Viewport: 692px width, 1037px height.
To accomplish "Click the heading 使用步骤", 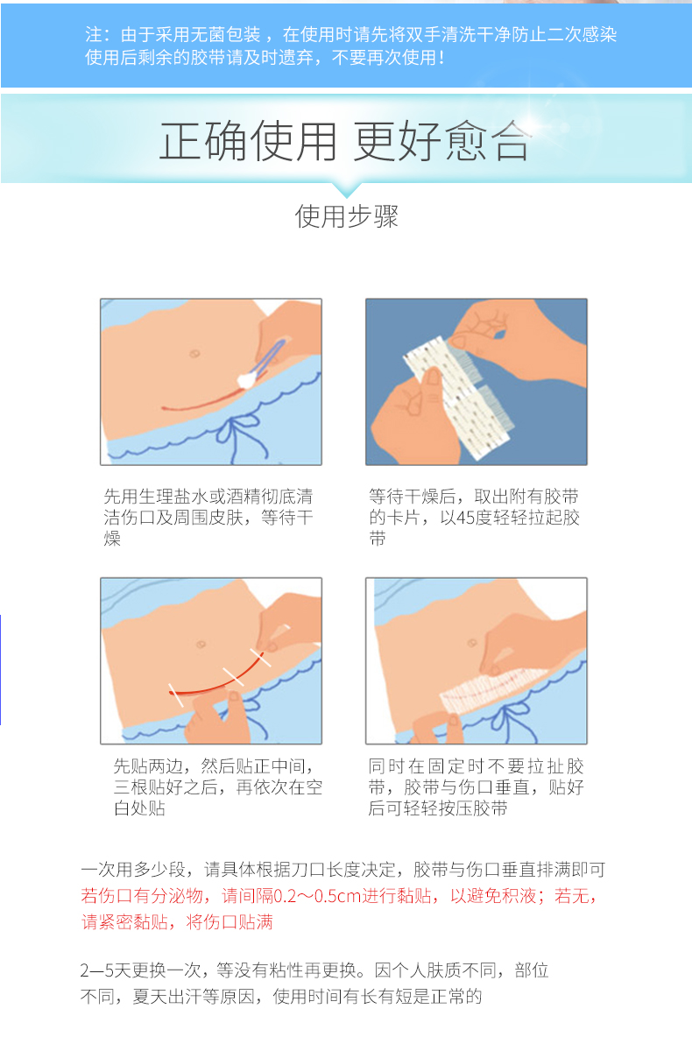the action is pos(346,216).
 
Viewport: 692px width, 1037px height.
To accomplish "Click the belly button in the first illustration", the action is pos(194,354).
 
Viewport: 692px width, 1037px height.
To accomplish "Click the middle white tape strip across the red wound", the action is pos(234,676).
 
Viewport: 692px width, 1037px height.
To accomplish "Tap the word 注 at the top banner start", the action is pos(93,34).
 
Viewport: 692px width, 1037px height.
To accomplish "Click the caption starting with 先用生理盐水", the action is pos(208,517).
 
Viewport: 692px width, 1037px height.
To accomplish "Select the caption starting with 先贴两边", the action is pos(217,787).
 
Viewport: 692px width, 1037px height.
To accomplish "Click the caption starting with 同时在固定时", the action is pos(477,787).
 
